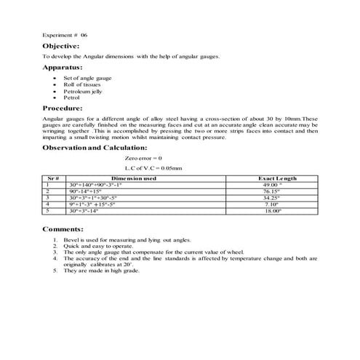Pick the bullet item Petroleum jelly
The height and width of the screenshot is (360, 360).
(x=82, y=90)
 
